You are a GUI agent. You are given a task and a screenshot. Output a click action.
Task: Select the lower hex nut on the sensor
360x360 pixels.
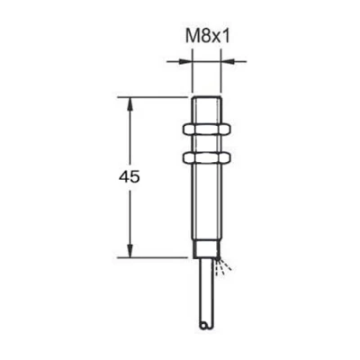[x=207, y=157]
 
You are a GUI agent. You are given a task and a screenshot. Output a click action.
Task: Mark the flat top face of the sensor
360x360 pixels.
[x=207, y=96]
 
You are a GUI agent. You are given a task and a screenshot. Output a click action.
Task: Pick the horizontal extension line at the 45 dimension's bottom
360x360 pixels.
[x=157, y=257]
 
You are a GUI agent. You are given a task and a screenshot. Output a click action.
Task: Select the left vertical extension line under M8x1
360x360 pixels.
[x=193, y=76]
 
